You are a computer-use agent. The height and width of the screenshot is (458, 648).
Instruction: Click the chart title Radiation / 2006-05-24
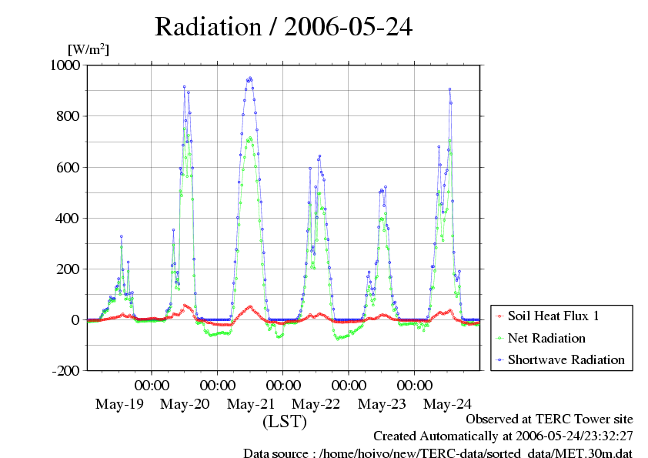click(x=283, y=26)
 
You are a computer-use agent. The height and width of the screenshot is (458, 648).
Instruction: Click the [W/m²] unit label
click(x=89, y=50)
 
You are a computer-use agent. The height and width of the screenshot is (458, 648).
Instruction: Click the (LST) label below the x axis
click(x=285, y=422)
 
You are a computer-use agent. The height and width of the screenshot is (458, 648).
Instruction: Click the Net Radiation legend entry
click(x=546, y=338)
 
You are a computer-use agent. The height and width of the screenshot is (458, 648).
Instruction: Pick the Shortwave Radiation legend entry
click(x=566, y=359)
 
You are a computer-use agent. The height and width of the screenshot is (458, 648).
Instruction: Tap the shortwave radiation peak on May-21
click(x=250, y=78)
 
